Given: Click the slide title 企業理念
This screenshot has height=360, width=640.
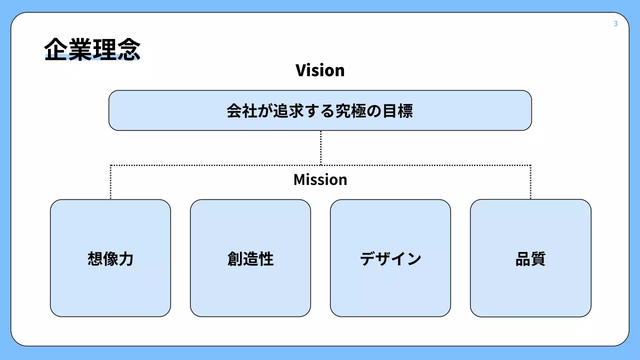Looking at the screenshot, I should [x=92, y=49].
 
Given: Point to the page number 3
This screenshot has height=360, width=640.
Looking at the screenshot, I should [x=615, y=23].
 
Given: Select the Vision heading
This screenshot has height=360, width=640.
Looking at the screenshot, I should [x=320, y=70].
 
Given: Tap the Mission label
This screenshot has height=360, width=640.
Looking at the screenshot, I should [x=320, y=179].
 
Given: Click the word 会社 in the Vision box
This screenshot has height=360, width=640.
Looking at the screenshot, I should [x=242, y=110].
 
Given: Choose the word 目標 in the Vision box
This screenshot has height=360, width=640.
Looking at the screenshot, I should [x=397, y=110].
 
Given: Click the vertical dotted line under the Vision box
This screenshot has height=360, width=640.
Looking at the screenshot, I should [x=320, y=147].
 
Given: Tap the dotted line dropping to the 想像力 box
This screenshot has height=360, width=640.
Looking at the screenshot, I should [x=110, y=182].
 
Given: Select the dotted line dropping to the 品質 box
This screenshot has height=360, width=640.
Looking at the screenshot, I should [x=530, y=182].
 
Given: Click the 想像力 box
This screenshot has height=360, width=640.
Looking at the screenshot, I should [x=110, y=258].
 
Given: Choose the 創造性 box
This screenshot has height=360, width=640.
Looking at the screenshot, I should [x=250, y=258].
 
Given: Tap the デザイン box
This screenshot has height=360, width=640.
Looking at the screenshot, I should [x=390, y=258].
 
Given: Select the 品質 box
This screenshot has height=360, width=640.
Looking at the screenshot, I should [x=530, y=258].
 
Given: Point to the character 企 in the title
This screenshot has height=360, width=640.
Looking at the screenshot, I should [x=56, y=49].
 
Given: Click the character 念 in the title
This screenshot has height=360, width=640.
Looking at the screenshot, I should [x=128, y=49].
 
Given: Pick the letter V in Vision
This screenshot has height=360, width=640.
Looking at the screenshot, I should [x=300, y=70].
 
